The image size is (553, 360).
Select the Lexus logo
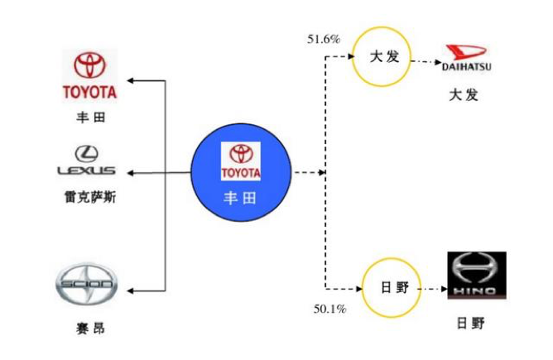pyautogui.click(x=86, y=161)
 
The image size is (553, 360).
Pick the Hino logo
pyautogui.click(x=476, y=278)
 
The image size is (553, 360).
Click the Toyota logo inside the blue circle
pyautogui.click(x=241, y=161)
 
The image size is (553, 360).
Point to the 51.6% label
pyautogui.click(x=323, y=39)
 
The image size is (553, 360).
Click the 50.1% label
pyautogui.click(x=329, y=310)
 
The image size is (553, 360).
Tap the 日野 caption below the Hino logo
pyautogui.click(x=474, y=323)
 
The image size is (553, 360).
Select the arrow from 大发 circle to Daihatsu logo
pyautogui.click(x=422, y=60)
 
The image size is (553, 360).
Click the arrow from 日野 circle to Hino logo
pyautogui.click(x=430, y=289)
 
